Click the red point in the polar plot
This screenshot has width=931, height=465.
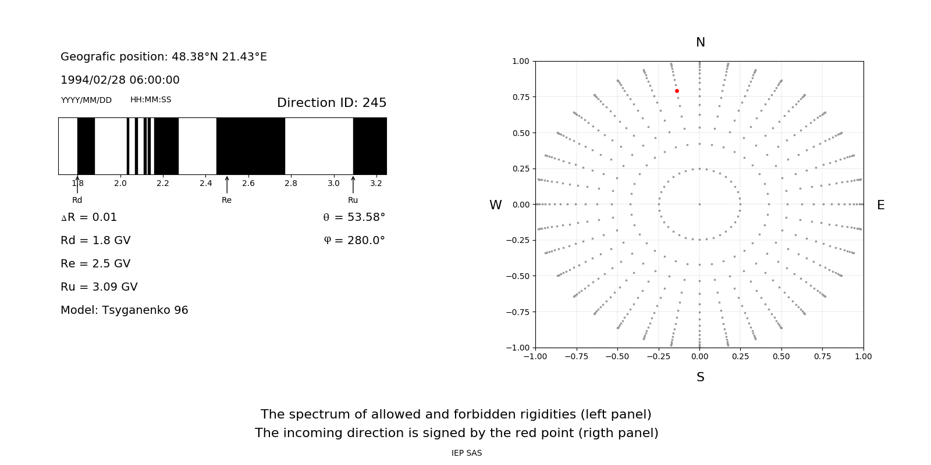(x=677, y=91)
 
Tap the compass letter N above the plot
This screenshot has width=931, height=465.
(x=701, y=42)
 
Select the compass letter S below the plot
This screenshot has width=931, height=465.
(x=701, y=377)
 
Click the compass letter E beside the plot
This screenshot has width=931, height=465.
(x=880, y=205)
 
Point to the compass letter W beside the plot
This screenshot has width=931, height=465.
(x=496, y=205)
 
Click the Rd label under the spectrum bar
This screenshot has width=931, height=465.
(x=77, y=200)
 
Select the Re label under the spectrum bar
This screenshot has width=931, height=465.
(x=226, y=200)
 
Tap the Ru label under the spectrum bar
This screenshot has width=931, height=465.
(x=353, y=200)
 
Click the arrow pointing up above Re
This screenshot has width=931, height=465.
(x=227, y=184)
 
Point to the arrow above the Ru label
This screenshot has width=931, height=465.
(x=353, y=184)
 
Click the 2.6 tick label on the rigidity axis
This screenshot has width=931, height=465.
(x=248, y=184)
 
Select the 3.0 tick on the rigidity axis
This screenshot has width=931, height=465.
(x=333, y=184)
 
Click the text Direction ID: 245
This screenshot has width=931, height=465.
(x=332, y=103)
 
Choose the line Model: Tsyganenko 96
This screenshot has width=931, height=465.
(x=125, y=310)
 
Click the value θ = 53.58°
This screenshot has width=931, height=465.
(x=354, y=217)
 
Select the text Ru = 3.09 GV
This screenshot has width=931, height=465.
(x=99, y=287)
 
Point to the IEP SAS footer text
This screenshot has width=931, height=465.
(x=467, y=453)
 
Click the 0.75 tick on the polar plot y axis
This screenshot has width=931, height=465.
(x=520, y=97)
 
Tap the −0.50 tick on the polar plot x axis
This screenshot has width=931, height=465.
(x=617, y=356)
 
